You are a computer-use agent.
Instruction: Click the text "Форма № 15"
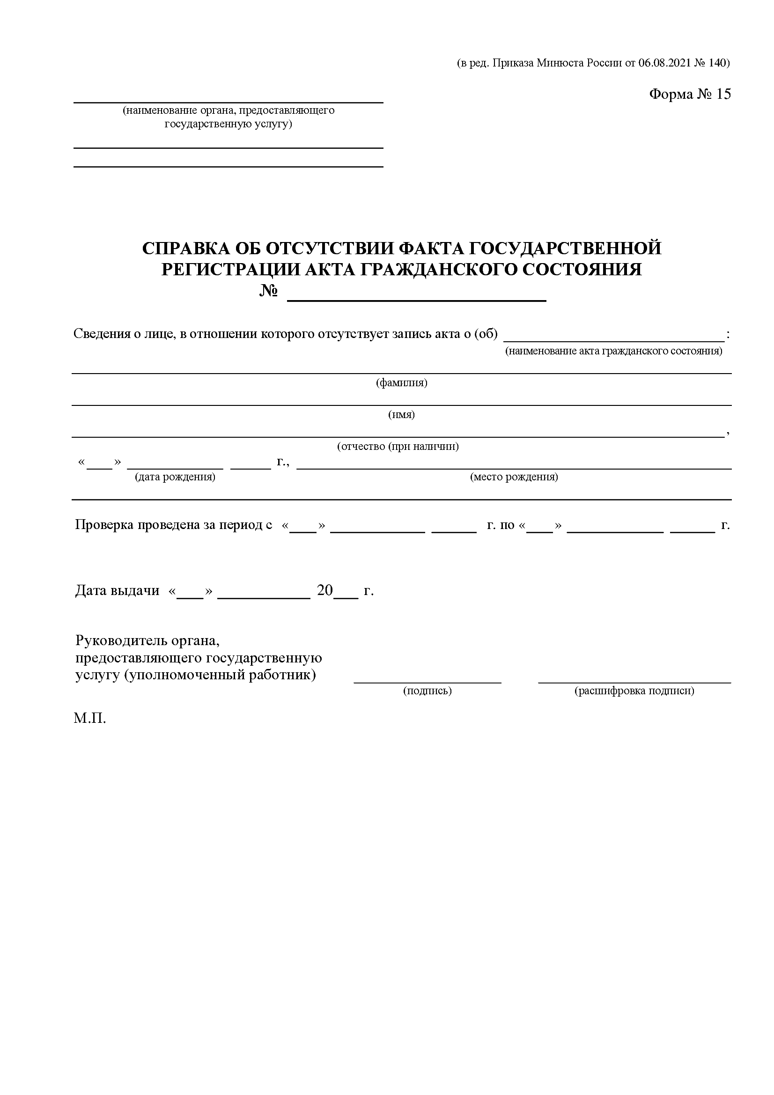[x=690, y=94]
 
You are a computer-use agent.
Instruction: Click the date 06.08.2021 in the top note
[x=664, y=63]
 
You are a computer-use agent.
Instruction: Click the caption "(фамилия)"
[x=402, y=382]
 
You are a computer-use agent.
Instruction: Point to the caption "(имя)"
[x=402, y=414]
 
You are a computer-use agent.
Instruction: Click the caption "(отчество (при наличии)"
[x=398, y=447]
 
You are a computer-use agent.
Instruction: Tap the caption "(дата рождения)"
[x=175, y=477]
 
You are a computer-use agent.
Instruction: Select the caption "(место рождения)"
[x=514, y=477]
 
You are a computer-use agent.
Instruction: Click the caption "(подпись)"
[x=428, y=690]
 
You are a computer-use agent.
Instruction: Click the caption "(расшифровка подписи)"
[x=634, y=690]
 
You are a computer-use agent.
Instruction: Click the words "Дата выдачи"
[x=118, y=590]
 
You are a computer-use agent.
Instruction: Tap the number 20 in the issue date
[x=325, y=590]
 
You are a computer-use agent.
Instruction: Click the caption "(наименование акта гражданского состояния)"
[x=614, y=351]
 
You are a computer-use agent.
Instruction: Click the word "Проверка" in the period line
[x=104, y=525]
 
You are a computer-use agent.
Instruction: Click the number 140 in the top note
[x=716, y=63]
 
